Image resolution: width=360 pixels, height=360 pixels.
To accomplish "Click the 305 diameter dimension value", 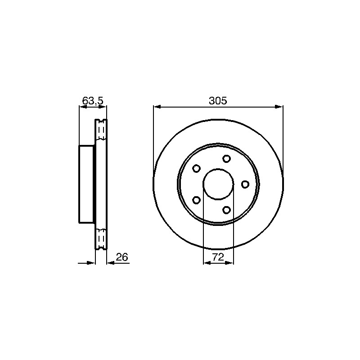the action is (218, 101).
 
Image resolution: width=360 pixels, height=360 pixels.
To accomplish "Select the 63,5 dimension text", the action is (93, 101).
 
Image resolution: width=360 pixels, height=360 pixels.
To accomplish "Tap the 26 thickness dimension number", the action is (121, 257).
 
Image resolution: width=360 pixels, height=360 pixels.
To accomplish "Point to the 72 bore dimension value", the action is (218, 257).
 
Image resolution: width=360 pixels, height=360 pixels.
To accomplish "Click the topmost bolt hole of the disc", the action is (227, 158).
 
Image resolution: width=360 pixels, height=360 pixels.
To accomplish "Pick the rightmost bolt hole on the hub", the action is (245, 184).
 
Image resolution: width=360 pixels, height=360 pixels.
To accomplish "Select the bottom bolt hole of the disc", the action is (227, 210).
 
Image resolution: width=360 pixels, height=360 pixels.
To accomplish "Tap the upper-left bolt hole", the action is (196, 168).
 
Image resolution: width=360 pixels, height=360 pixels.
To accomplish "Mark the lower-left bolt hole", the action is (196, 200).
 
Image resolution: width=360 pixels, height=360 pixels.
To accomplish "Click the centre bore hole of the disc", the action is (218, 184).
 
